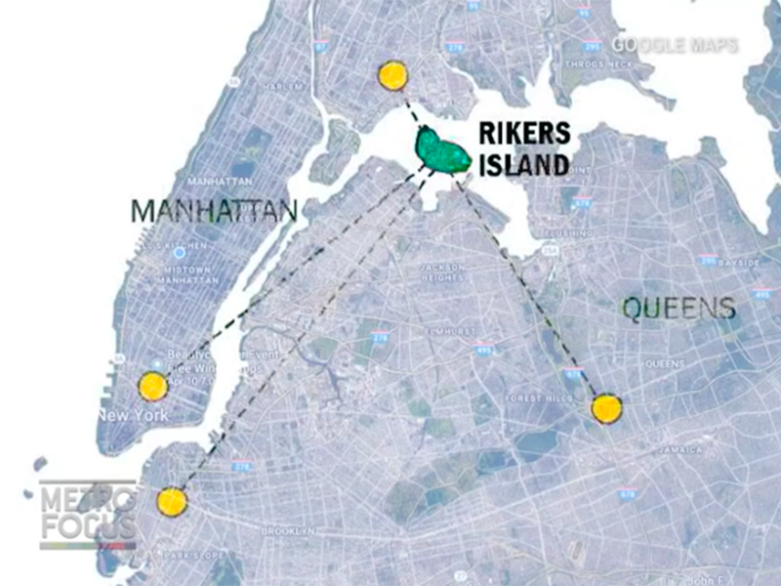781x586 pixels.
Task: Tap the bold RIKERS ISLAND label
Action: click(522, 149)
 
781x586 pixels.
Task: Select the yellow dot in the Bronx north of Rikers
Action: click(392, 75)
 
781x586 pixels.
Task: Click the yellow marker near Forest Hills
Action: click(606, 408)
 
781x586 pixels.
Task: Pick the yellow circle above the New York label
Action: click(152, 386)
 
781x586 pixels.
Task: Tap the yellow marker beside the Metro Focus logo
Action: click(171, 502)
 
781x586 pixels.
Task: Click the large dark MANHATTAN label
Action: click(213, 211)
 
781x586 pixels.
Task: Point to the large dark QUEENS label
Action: click(678, 310)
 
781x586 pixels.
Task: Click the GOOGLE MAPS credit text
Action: click(675, 46)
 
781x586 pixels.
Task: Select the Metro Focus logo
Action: click(88, 514)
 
